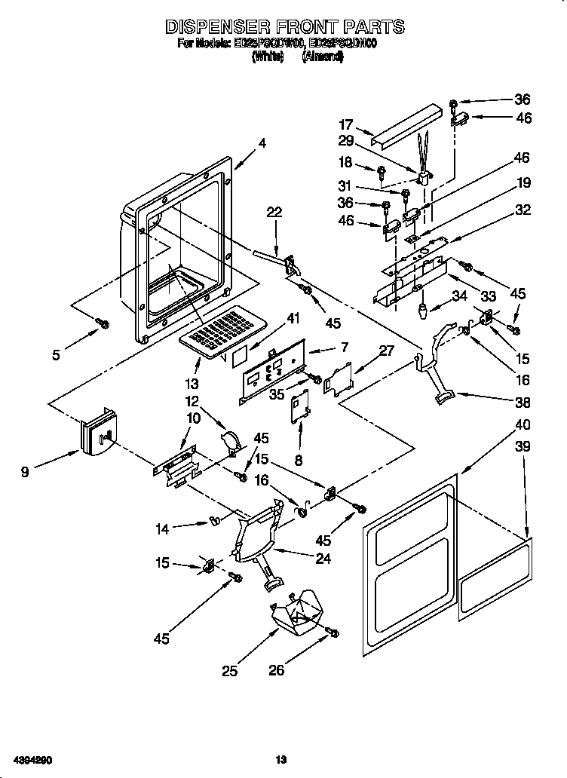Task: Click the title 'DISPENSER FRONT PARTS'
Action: point(284,26)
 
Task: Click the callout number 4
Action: point(262,143)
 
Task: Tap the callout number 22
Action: point(274,213)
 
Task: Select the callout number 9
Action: point(25,473)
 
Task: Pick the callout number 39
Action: point(522,446)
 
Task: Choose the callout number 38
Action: point(522,402)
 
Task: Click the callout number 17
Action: point(345,125)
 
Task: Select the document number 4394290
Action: point(30,760)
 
